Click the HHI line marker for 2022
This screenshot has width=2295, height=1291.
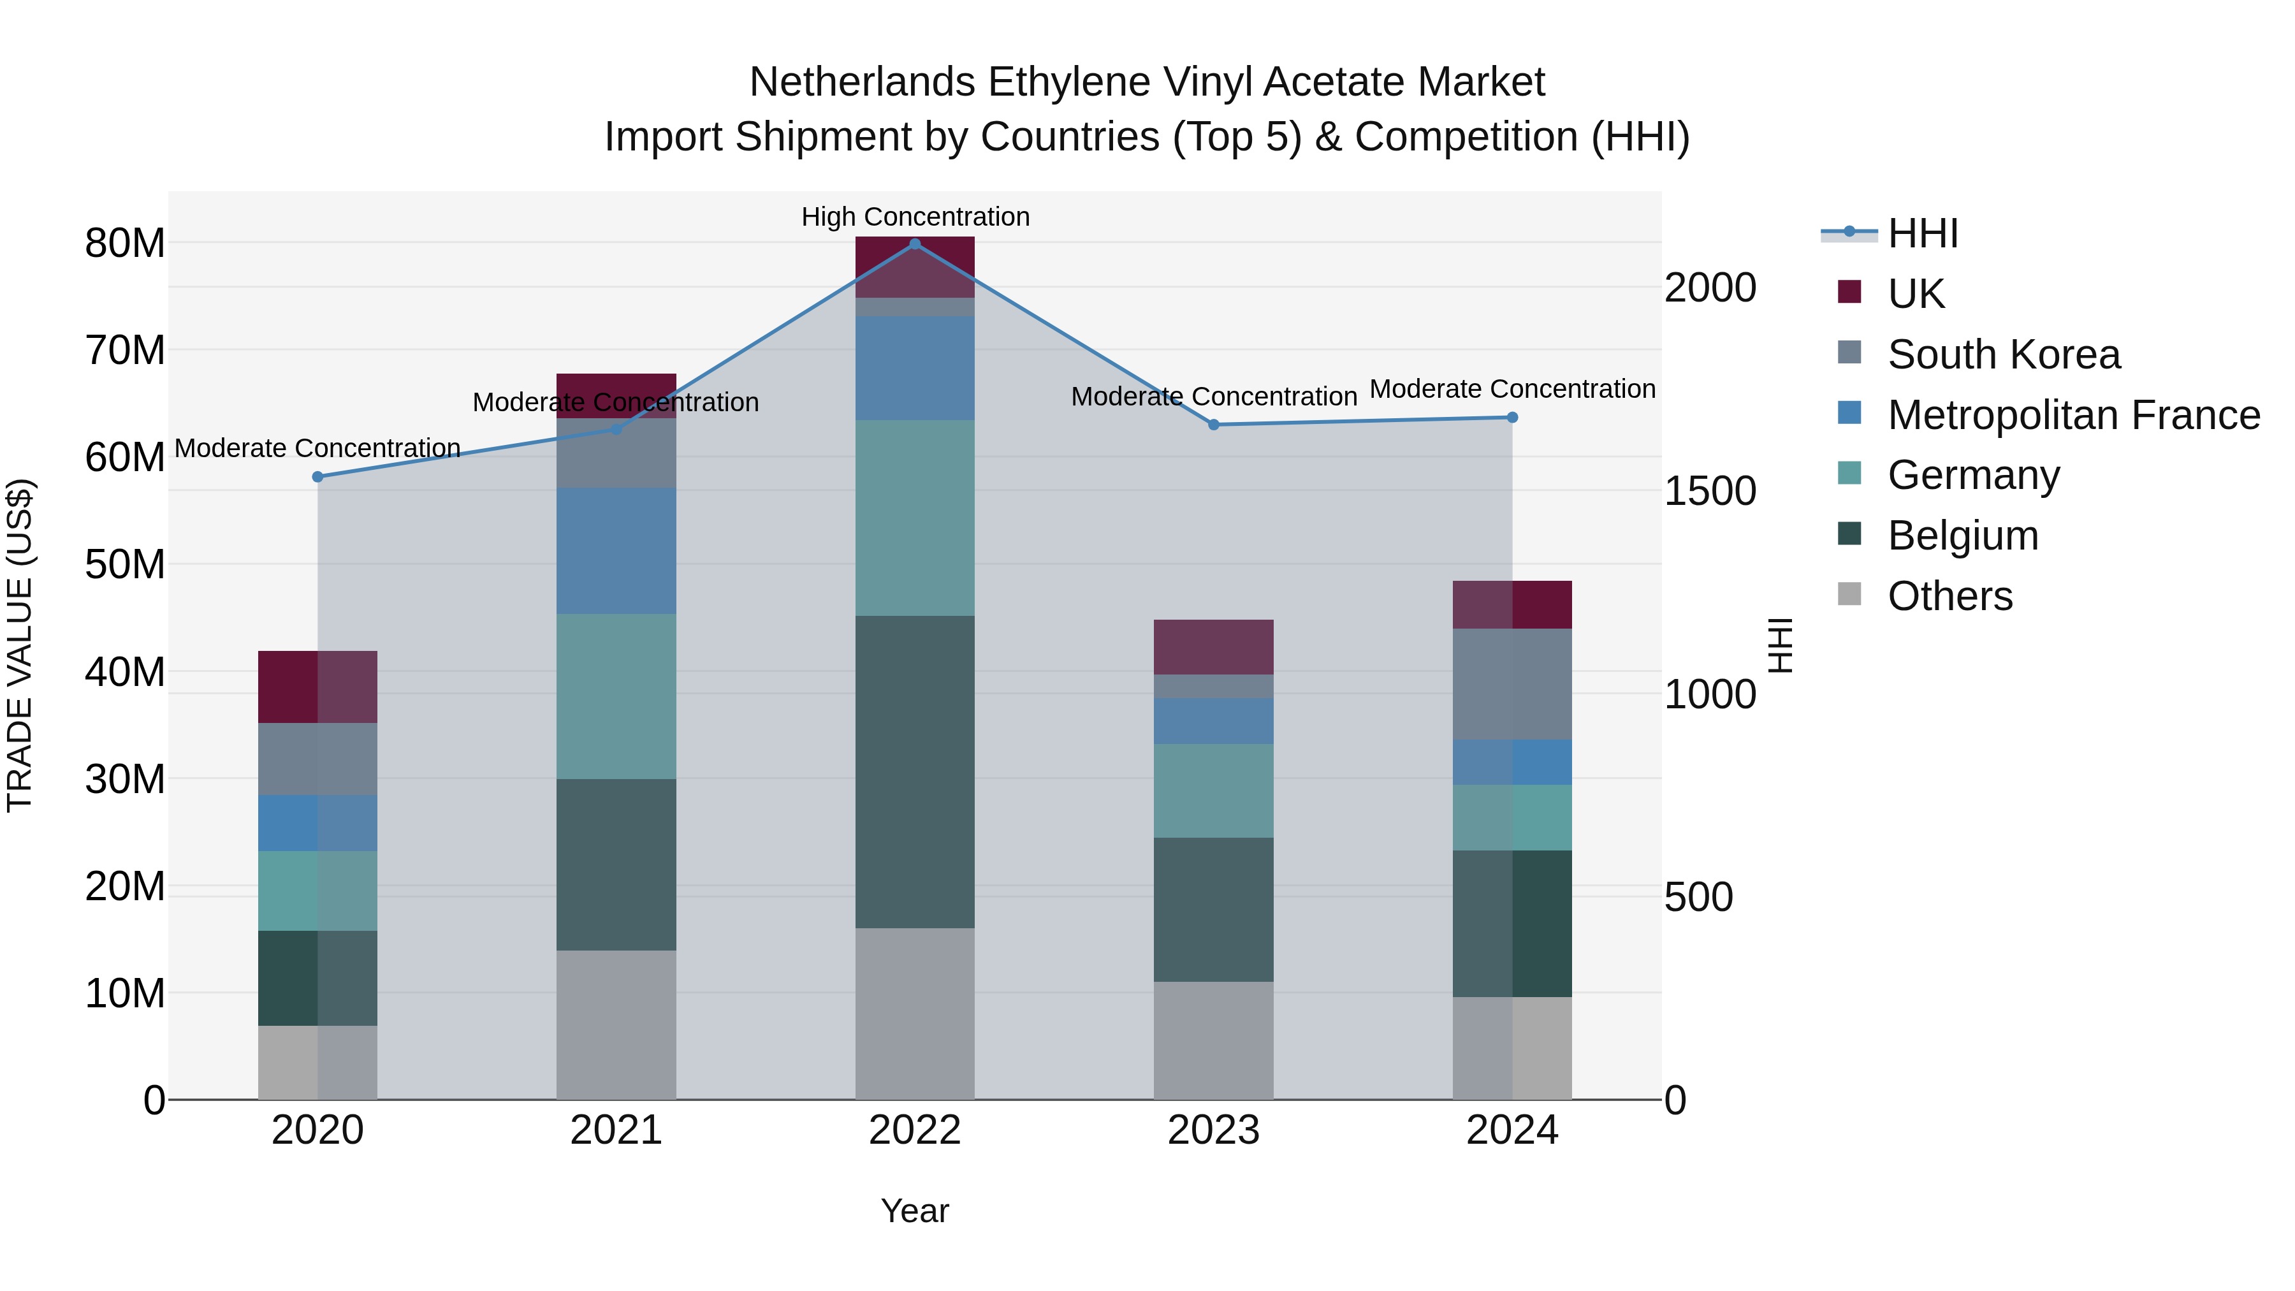915,244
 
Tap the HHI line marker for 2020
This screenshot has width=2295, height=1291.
318,477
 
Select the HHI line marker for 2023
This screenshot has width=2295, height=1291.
1213,425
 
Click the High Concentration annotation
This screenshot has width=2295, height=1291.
915,217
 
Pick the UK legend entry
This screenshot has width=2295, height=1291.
1916,293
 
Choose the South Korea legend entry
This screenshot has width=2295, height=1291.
2004,354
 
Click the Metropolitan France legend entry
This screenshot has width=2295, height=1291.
2073,414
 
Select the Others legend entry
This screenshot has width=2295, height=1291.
1949,595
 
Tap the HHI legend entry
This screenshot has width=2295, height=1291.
1923,233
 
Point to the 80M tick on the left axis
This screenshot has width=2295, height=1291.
125,244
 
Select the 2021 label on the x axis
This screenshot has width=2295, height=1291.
616,1130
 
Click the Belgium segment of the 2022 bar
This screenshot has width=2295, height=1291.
915,771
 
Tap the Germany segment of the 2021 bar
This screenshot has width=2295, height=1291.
616,695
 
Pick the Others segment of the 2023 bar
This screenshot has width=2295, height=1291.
1213,1040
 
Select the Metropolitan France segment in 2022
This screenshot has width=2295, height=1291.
915,367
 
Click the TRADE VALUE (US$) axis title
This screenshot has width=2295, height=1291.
20,645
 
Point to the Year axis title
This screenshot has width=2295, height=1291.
914,1211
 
